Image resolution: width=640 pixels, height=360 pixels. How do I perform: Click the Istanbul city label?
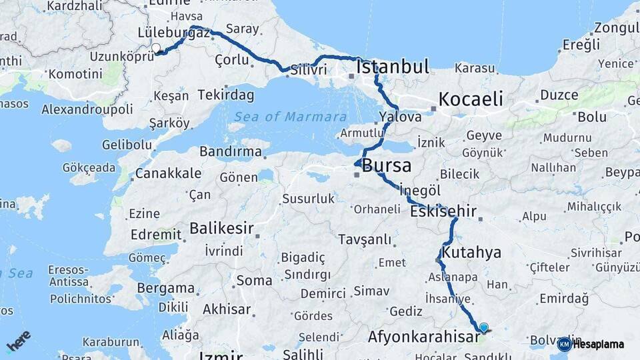(392, 67)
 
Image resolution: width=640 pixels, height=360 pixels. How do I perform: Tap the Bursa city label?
(386, 166)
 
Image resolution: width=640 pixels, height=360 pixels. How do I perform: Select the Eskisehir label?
(443, 212)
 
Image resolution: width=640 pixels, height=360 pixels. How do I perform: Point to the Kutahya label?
(471, 253)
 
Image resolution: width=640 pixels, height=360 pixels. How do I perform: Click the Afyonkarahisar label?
(423, 337)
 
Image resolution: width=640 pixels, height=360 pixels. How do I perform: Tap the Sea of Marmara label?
(287, 117)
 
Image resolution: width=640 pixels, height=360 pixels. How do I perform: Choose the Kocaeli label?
(470, 99)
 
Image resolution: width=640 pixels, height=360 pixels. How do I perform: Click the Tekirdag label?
(225, 95)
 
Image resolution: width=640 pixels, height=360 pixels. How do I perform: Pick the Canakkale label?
(168, 173)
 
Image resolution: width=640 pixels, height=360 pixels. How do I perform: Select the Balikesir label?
(221, 229)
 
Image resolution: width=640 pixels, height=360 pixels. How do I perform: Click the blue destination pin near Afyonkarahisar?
(483, 327)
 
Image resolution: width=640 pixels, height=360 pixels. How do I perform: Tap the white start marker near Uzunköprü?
(156, 48)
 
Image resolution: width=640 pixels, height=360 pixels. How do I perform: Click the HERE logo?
(18, 341)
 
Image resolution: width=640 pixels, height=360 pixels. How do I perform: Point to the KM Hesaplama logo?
(591, 344)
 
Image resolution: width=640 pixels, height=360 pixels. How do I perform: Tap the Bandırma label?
(231, 152)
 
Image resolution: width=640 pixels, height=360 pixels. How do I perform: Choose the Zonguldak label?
(617, 28)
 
